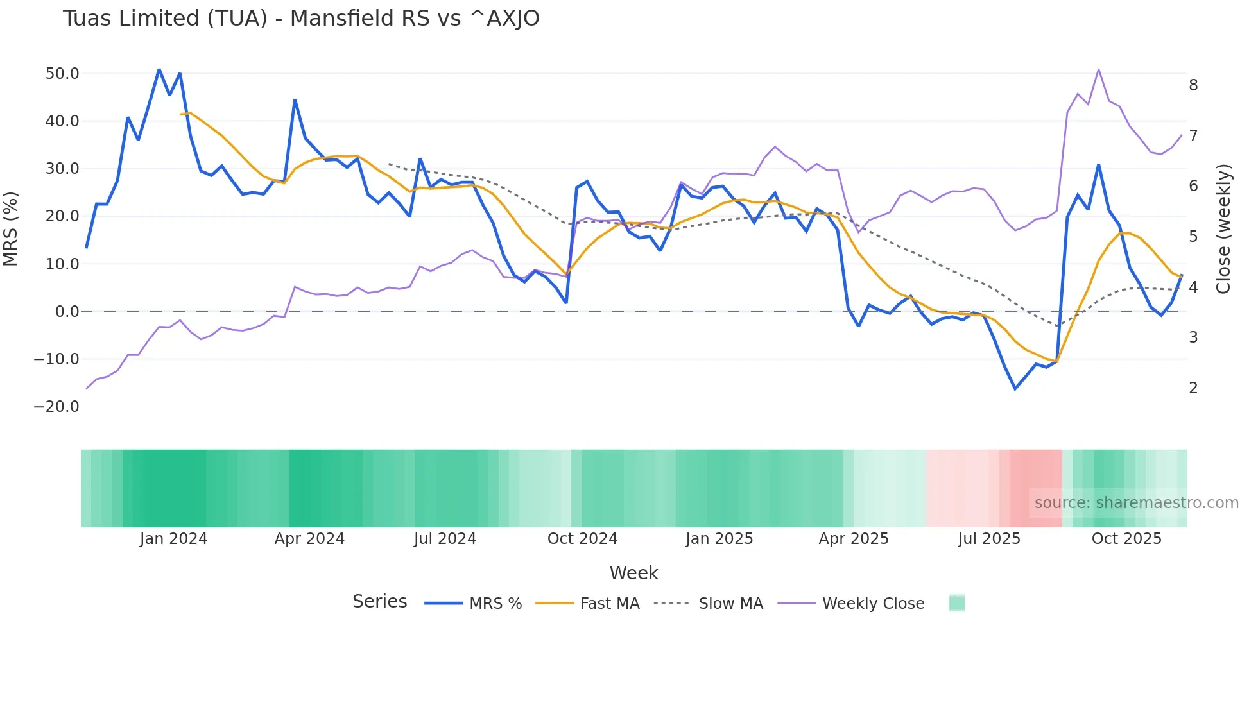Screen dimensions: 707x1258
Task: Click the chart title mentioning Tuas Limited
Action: pyautogui.click(x=301, y=19)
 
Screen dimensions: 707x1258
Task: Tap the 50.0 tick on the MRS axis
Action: pyautogui.click(x=62, y=74)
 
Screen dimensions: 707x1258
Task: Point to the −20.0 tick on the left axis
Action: pyautogui.click(x=56, y=407)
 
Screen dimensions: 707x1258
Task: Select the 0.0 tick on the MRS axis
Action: pyautogui.click(x=67, y=312)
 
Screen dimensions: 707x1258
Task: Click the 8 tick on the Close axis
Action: pyautogui.click(x=1193, y=85)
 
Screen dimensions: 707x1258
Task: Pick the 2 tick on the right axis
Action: pyautogui.click(x=1193, y=388)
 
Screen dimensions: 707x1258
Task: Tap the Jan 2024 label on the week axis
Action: pyautogui.click(x=173, y=539)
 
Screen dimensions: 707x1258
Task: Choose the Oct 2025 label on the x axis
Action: pyautogui.click(x=1126, y=539)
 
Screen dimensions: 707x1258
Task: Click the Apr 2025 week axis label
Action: pyautogui.click(x=854, y=539)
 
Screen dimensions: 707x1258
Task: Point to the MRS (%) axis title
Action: pyautogui.click(x=11, y=228)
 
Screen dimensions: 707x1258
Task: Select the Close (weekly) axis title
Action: pyautogui.click(x=1224, y=229)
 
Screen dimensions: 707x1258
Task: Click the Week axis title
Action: pyautogui.click(x=633, y=573)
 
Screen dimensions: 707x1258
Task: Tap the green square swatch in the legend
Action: pyautogui.click(x=957, y=603)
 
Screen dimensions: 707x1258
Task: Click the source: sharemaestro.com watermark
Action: pyautogui.click(x=1136, y=503)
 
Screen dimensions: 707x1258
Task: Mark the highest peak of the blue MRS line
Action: pyautogui.click(x=159, y=69)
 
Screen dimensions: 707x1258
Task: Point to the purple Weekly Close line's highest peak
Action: pyautogui.click(x=1099, y=69)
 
